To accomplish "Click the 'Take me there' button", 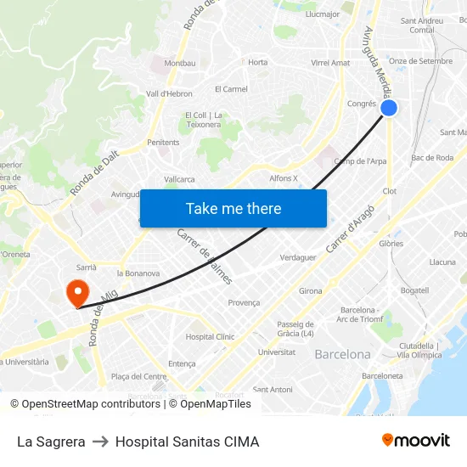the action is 233,208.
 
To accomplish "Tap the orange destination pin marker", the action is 76,293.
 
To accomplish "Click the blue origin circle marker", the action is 389,108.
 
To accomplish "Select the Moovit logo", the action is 416,441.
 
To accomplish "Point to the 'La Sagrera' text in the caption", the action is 51,442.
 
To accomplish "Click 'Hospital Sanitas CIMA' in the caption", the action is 187,442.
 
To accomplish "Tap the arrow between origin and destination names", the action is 100,442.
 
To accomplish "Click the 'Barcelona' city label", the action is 342,354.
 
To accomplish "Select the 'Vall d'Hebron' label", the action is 170,93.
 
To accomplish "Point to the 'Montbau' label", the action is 179,64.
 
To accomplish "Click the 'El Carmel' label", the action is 231,88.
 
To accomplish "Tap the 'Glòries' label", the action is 391,243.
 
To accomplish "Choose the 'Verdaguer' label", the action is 298,257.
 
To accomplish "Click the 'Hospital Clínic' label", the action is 210,336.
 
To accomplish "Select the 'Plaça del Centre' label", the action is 138,376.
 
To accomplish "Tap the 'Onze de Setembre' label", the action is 420,61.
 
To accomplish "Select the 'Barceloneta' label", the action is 382,375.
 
